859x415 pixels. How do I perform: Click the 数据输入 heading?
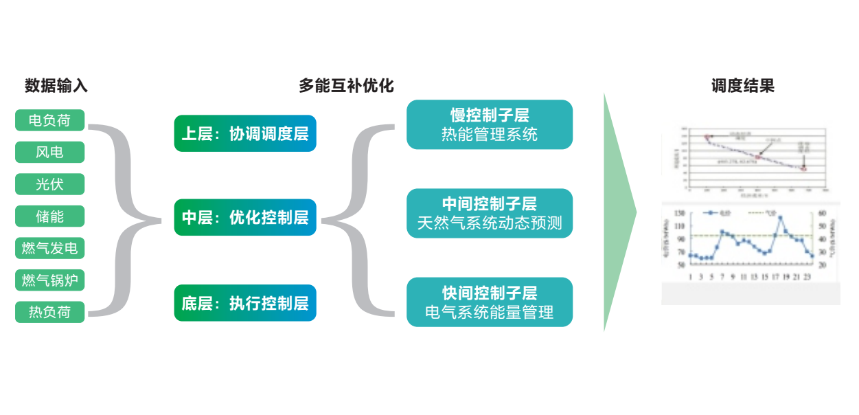(x=56, y=86)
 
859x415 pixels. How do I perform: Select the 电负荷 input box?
(x=49, y=120)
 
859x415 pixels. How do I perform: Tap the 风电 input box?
(x=49, y=152)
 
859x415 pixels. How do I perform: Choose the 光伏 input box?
(x=49, y=184)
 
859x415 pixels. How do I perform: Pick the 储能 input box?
(x=49, y=216)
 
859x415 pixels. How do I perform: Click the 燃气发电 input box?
(x=49, y=248)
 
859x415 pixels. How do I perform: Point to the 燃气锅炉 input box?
(x=49, y=280)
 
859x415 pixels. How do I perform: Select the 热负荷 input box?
(x=49, y=312)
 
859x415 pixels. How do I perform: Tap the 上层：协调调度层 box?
(x=245, y=133)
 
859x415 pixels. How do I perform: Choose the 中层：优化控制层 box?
(x=245, y=218)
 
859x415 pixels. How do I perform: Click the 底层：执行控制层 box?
(x=245, y=303)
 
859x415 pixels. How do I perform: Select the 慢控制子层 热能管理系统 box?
(x=490, y=124)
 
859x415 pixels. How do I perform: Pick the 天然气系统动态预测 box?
(x=490, y=214)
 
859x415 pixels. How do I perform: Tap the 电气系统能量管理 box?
(x=490, y=302)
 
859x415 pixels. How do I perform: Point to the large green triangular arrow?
(x=618, y=213)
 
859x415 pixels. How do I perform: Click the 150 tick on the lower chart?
(x=679, y=212)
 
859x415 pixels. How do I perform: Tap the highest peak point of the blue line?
(x=781, y=218)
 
